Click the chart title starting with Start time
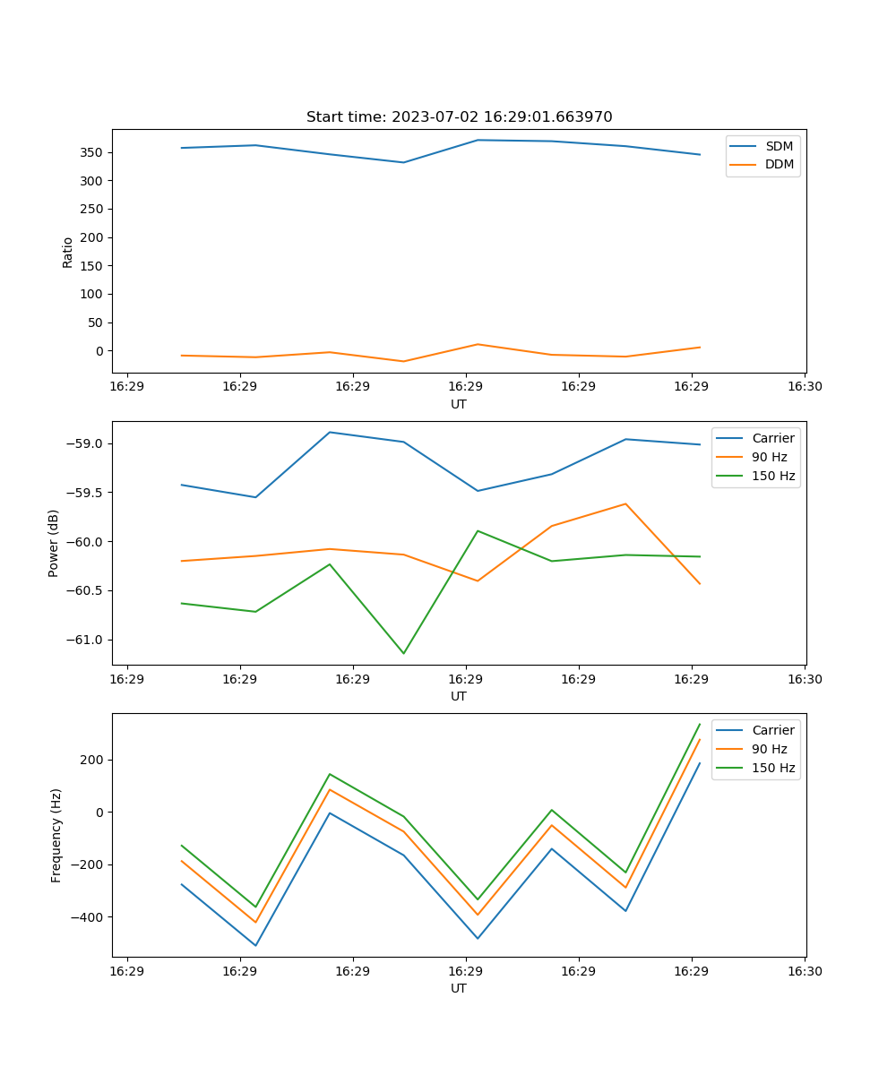click(x=459, y=117)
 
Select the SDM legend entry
click(x=779, y=146)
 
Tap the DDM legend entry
click(x=779, y=164)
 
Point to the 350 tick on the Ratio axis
click(x=92, y=152)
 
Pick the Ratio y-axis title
click(x=68, y=252)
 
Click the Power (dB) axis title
click(x=54, y=543)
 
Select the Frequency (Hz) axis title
click(x=56, y=835)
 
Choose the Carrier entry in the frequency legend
click(x=772, y=730)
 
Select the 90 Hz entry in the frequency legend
click(x=769, y=749)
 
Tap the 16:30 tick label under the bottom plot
click(x=804, y=971)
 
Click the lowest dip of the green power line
click(x=403, y=653)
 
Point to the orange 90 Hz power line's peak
click(x=625, y=503)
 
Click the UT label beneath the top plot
click(x=459, y=404)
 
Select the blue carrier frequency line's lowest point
click(x=255, y=945)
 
